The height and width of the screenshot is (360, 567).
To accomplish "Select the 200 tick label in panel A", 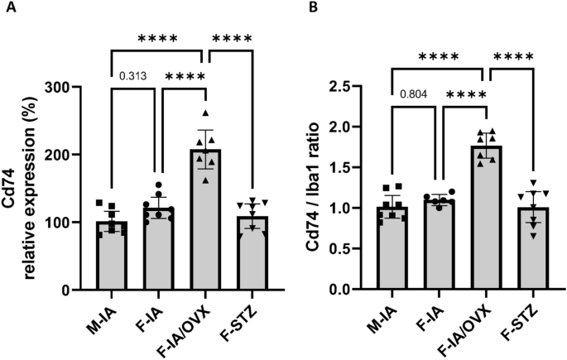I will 69,155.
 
